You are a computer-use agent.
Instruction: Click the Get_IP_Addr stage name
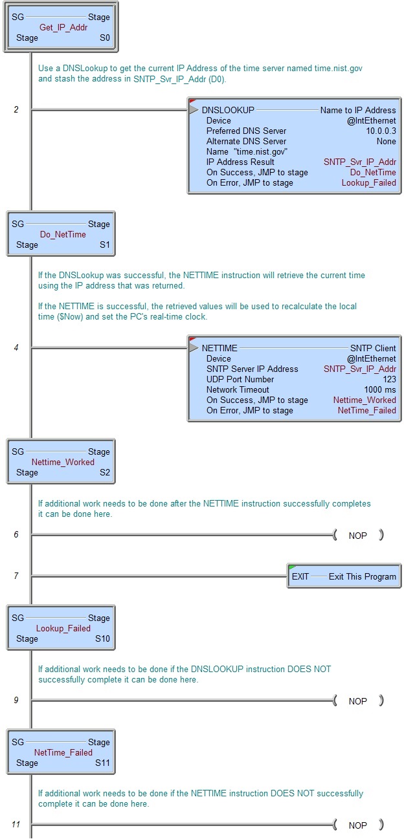click(63, 27)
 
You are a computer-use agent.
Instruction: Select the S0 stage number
click(104, 38)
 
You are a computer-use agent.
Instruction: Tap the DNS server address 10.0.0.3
click(381, 131)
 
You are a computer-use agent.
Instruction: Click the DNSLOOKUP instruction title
click(228, 110)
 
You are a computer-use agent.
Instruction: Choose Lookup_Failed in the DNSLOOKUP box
click(368, 183)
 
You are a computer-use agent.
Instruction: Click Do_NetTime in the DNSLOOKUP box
click(373, 172)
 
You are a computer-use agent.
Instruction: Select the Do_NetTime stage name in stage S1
click(63, 234)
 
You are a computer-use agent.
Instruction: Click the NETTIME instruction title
click(219, 348)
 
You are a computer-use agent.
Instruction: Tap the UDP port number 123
click(389, 380)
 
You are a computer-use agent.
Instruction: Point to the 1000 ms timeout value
click(380, 390)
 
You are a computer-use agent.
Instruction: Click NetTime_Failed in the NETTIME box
click(367, 411)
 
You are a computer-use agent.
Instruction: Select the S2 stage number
click(104, 472)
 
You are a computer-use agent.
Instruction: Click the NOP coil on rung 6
click(358, 536)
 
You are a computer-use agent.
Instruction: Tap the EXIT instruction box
click(344, 576)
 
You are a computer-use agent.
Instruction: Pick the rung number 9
click(16, 700)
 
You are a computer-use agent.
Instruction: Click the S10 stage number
click(102, 638)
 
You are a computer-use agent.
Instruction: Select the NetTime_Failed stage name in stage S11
click(63, 752)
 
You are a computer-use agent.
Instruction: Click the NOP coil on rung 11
click(358, 825)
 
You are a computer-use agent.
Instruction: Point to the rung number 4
click(16, 347)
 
